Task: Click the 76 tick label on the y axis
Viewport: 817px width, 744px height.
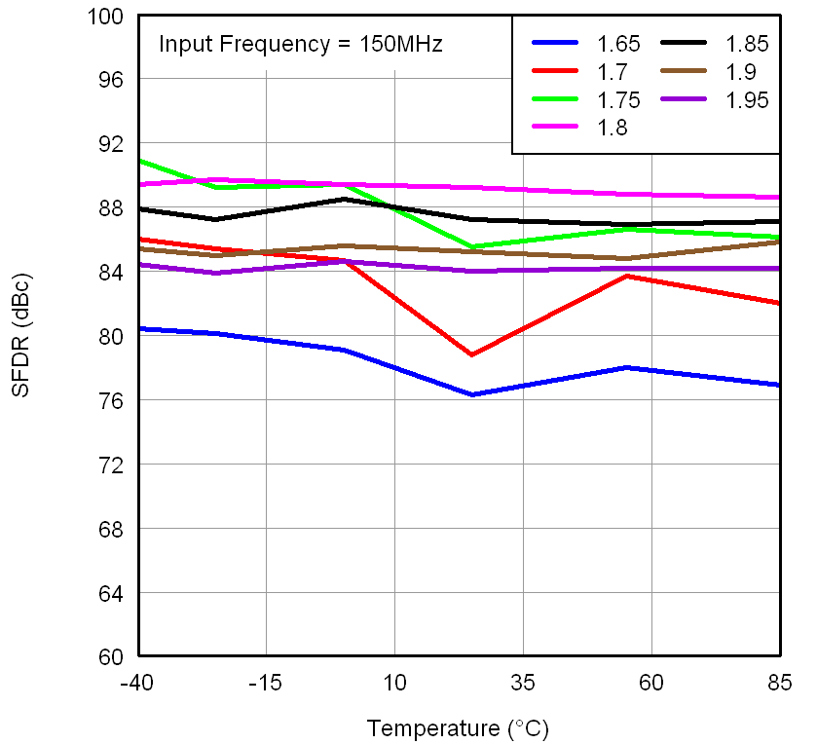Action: coord(114,400)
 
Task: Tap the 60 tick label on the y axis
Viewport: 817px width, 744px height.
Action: coord(114,655)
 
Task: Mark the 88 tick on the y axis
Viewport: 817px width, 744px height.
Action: coord(114,207)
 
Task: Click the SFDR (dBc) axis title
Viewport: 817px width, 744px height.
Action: coord(21,336)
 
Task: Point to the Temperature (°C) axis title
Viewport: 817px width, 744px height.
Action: coord(458,727)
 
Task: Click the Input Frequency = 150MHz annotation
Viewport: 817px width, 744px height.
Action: coord(301,44)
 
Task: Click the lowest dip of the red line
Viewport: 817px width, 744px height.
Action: coord(471,354)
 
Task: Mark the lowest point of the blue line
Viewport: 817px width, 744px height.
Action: coord(472,394)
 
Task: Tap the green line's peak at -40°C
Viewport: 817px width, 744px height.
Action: coord(139,160)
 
